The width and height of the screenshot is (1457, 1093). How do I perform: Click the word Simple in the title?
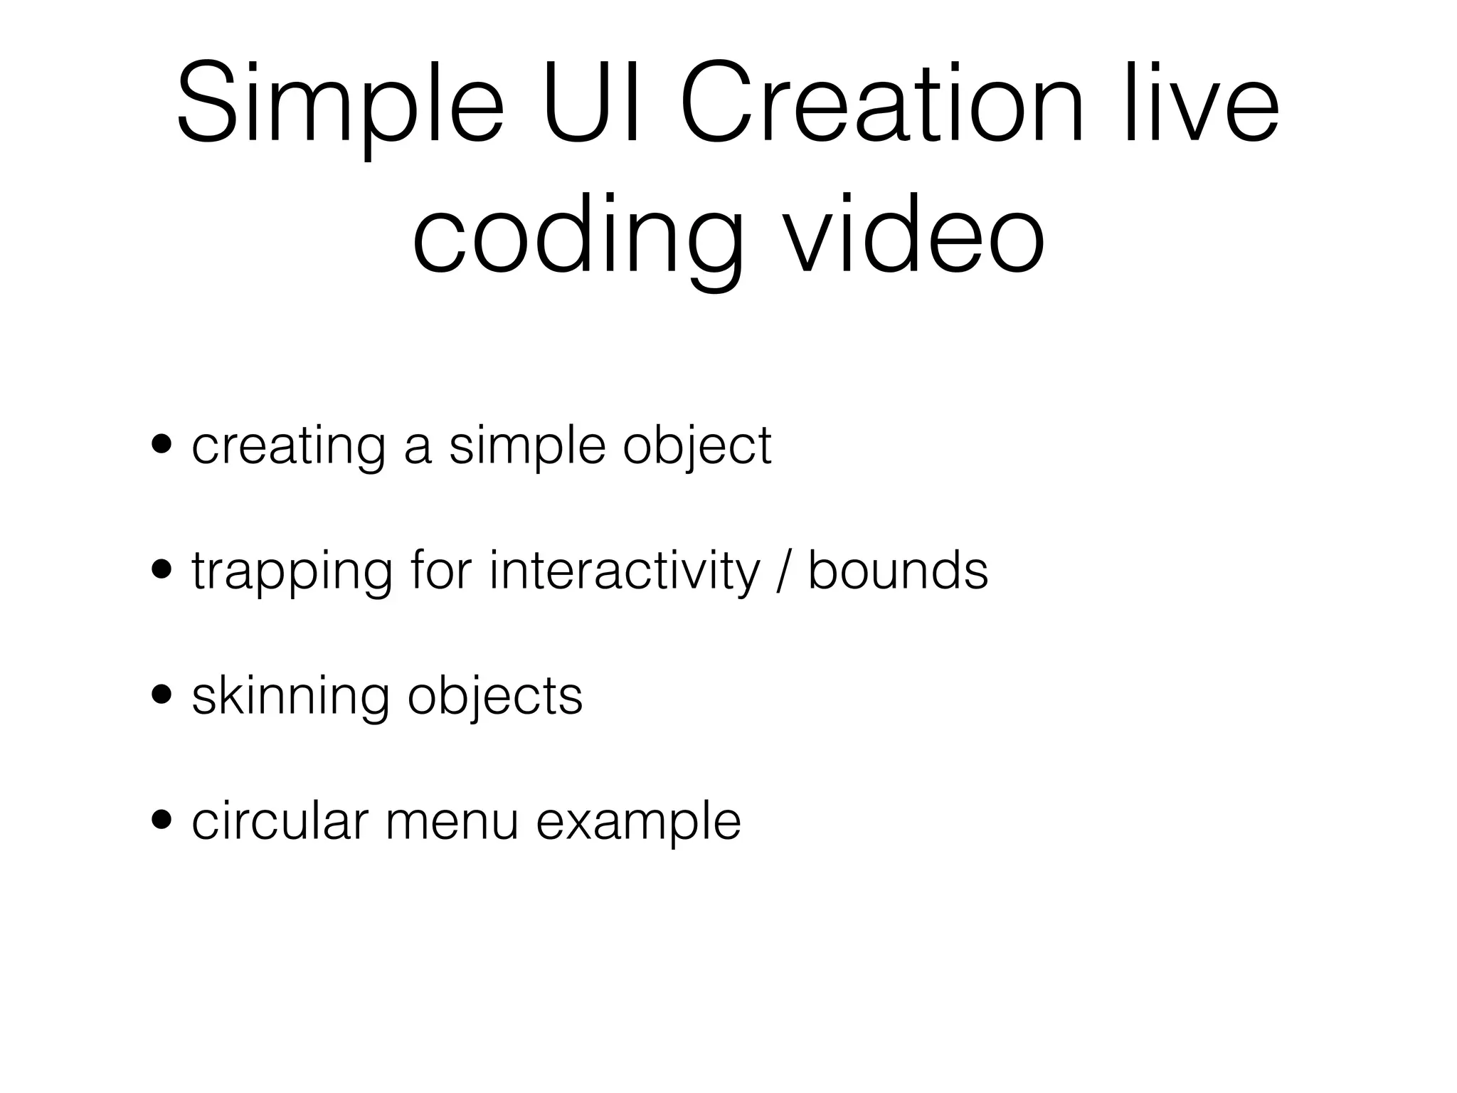pos(340,107)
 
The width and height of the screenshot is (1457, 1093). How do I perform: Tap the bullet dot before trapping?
pos(162,569)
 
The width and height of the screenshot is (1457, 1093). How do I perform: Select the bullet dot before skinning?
pos(162,695)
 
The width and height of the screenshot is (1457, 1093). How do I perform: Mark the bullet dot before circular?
pos(162,820)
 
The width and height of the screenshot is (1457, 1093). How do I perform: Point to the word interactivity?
pos(625,571)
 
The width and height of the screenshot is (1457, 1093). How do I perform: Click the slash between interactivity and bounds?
pos(784,571)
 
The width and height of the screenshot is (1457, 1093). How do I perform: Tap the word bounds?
pos(898,569)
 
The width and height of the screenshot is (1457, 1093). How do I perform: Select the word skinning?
pos(290,697)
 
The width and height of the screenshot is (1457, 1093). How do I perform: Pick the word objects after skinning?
pos(495,697)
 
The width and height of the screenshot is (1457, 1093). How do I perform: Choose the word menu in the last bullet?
pos(452,823)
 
